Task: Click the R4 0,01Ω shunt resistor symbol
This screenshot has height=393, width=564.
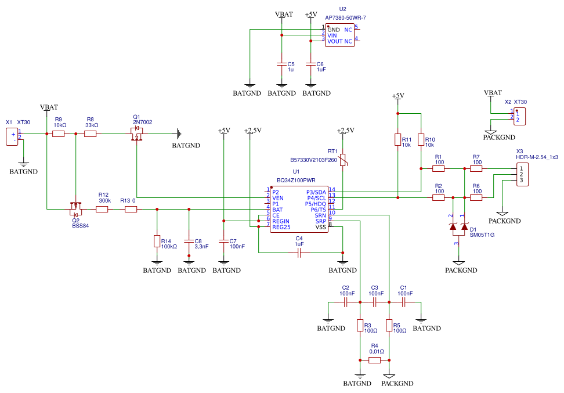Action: (x=374, y=360)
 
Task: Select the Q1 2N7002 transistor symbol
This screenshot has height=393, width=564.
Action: (x=137, y=135)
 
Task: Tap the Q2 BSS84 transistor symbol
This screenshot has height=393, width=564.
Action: (x=75, y=206)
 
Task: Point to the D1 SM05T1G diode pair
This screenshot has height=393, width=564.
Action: (x=458, y=228)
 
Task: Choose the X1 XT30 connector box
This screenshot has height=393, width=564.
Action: (x=12, y=136)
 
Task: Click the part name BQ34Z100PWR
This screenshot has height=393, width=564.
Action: (x=296, y=180)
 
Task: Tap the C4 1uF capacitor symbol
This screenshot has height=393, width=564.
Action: (x=299, y=253)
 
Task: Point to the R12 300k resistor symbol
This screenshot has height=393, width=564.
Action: (x=102, y=210)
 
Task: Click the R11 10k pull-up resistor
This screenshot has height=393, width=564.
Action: (x=397, y=140)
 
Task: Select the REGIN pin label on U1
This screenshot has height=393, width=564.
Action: (x=281, y=221)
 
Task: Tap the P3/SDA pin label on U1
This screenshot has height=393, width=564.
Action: (x=316, y=192)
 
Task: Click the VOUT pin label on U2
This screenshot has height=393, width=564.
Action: (x=335, y=42)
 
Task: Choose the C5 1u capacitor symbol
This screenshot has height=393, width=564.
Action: (x=281, y=64)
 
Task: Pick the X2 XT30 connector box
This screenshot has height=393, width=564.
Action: (x=519, y=116)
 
